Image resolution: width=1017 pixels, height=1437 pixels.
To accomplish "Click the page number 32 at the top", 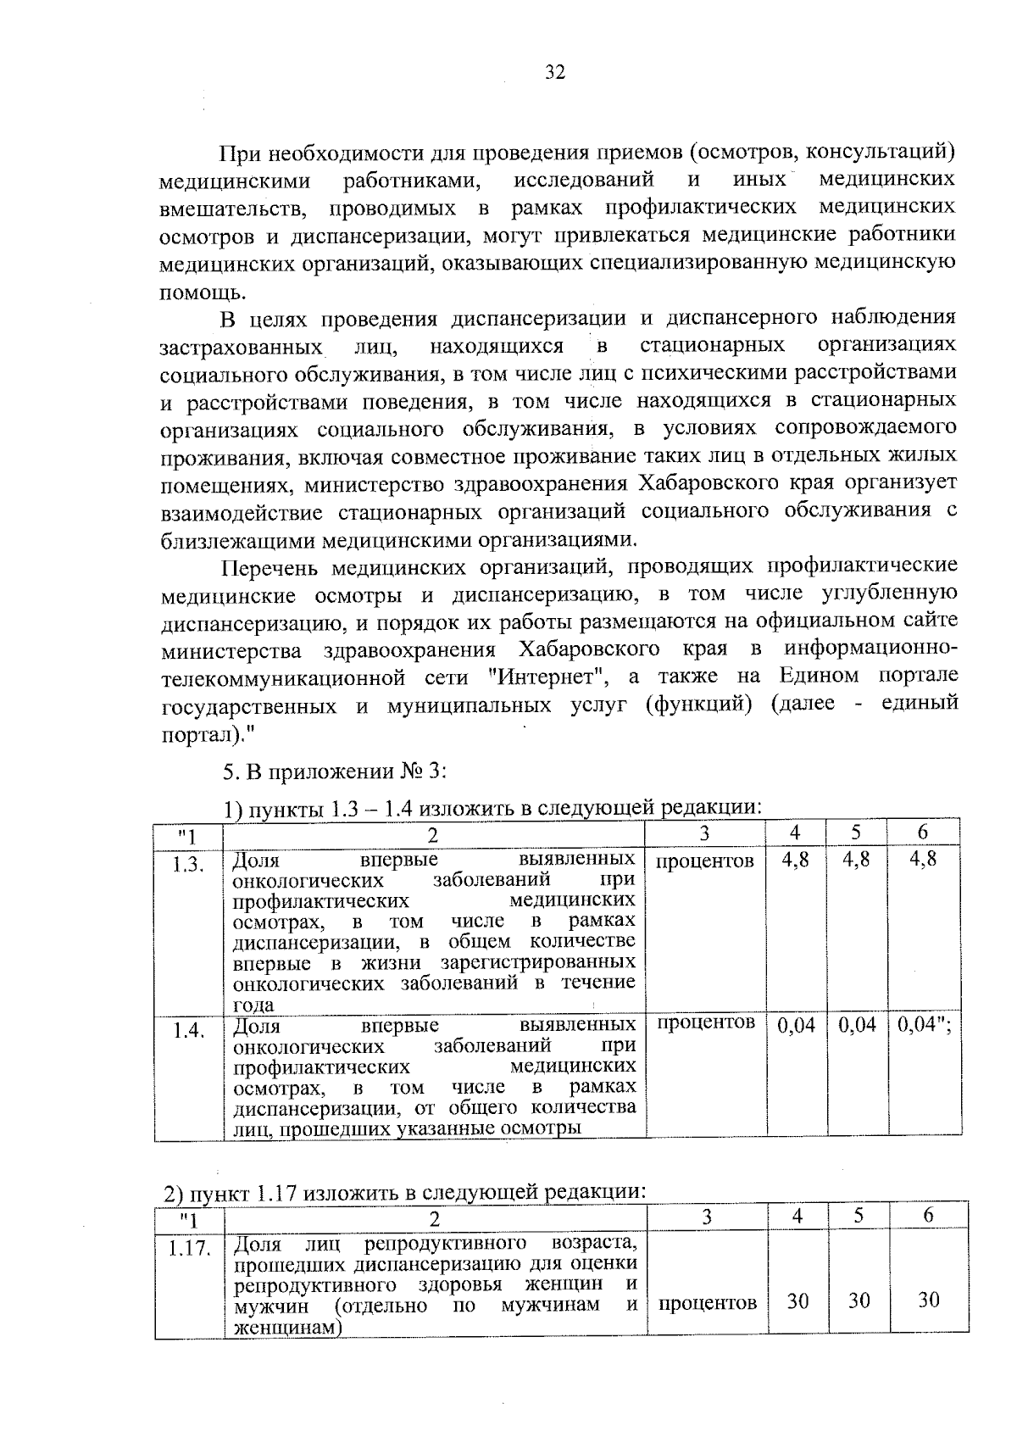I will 555,72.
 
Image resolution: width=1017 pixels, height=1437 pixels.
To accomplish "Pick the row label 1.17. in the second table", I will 189,1249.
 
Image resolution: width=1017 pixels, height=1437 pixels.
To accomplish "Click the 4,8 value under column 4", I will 796,860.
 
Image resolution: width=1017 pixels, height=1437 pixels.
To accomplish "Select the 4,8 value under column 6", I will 923,859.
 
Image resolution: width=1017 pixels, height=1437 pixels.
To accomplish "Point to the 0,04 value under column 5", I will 857,1026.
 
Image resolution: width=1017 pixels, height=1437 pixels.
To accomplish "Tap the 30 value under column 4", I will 797,1301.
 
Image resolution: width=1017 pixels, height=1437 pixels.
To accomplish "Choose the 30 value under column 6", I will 929,1301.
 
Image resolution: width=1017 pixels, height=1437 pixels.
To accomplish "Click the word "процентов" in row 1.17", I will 708,1303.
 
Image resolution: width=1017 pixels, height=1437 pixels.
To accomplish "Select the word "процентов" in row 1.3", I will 705,862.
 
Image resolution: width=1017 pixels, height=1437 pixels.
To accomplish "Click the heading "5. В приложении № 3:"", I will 335,772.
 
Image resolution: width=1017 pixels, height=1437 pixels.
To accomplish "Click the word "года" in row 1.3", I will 253,1005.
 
